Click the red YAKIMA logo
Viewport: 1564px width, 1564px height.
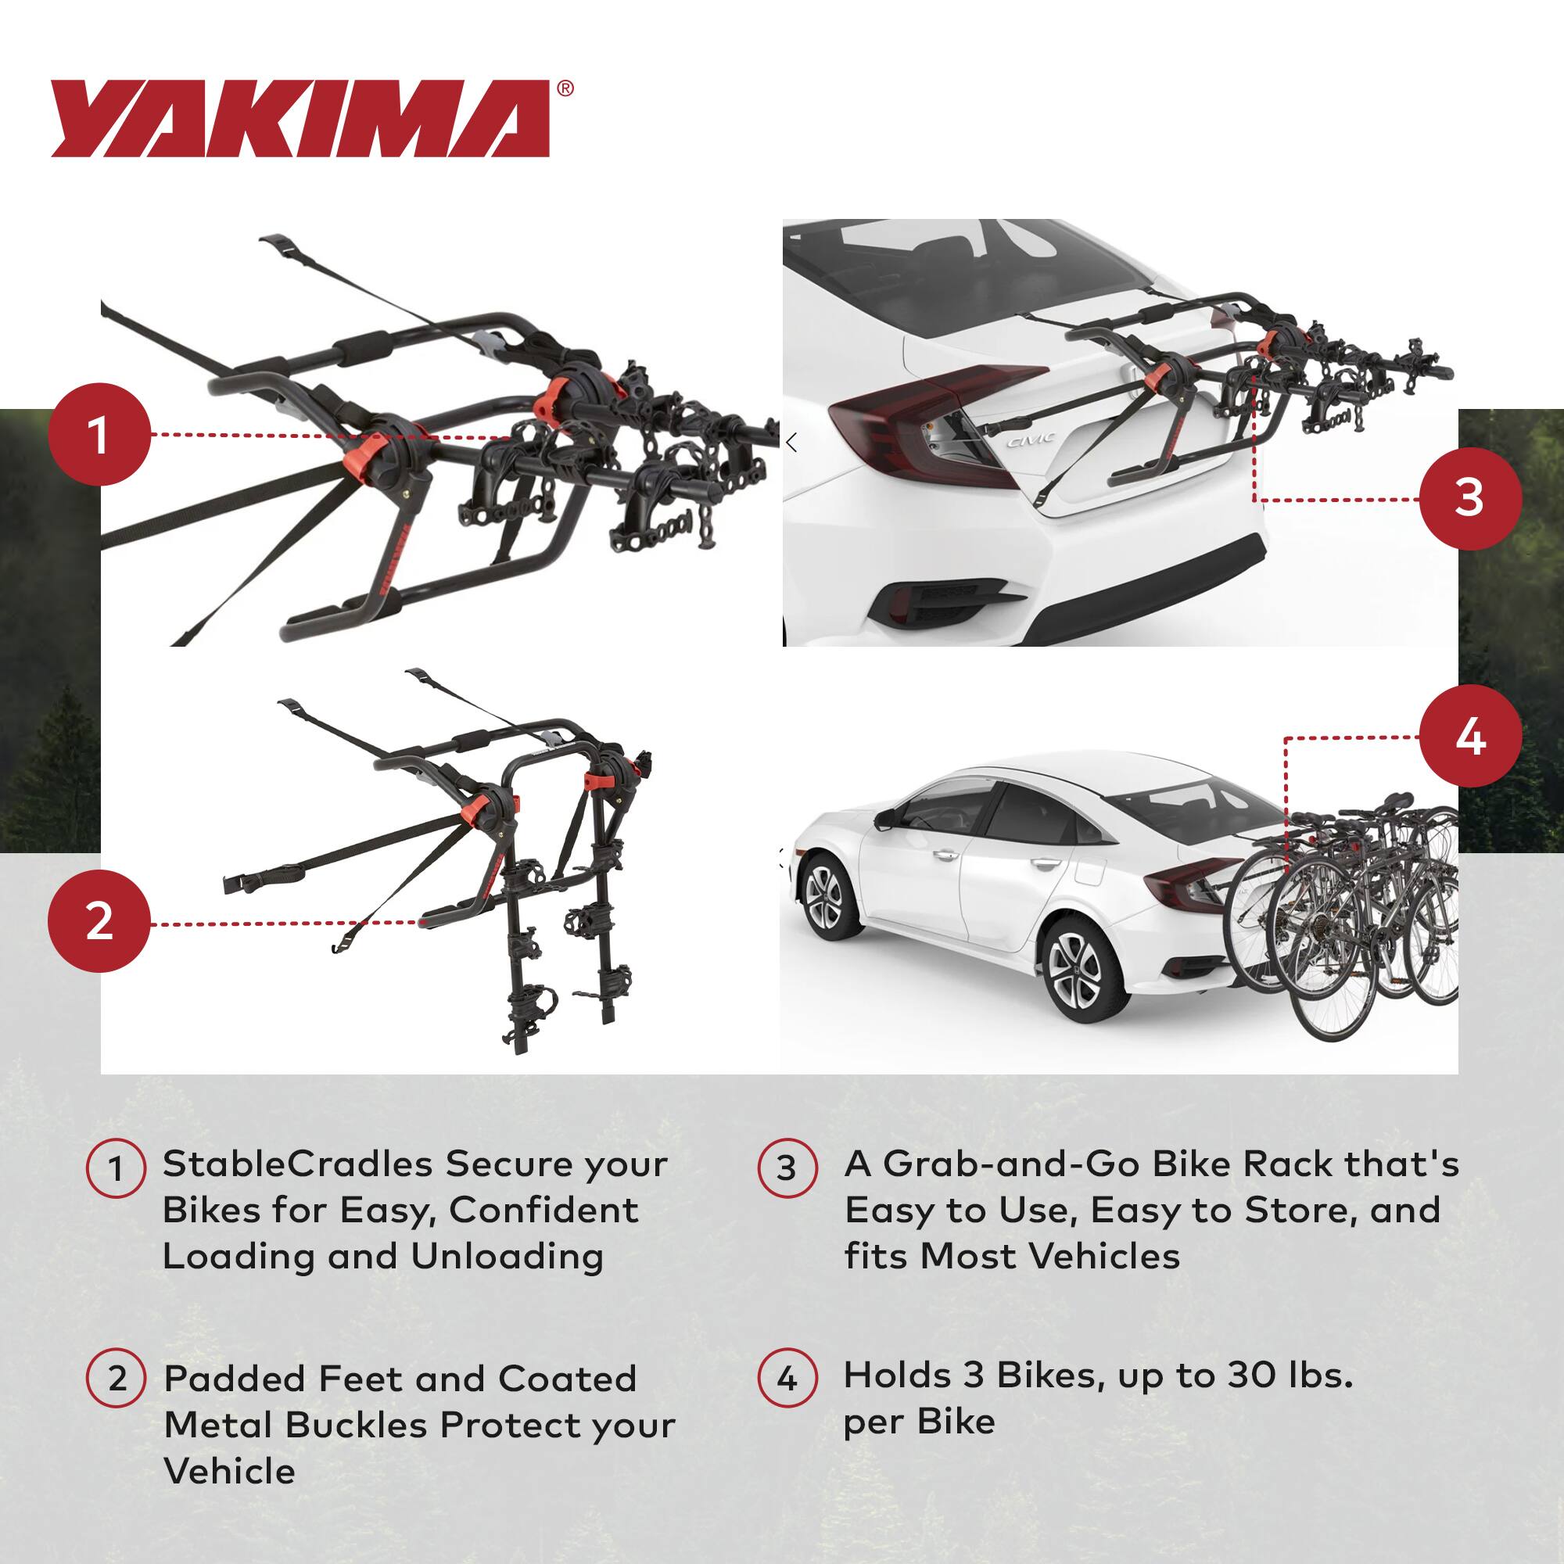[x=300, y=118]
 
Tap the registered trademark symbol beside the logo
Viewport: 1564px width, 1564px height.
[x=566, y=88]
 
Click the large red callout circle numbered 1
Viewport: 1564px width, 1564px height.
[x=99, y=435]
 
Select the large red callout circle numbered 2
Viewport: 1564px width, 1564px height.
[x=99, y=922]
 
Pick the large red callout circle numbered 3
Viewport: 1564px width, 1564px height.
[x=1470, y=498]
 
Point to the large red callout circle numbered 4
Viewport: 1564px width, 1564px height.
[x=1470, y=737]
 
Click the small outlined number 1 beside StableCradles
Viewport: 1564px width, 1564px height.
[x=116, y=1168]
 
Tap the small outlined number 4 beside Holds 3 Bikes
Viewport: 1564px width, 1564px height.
[x=787, y=1378]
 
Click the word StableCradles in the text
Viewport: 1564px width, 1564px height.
[x=297, y=1164]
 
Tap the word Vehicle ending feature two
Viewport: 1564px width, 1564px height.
[x=229, y=1471]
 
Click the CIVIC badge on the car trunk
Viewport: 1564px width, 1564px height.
[x=1031, y=439]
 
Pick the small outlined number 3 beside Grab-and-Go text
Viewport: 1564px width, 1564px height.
[x=787, y=1168]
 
